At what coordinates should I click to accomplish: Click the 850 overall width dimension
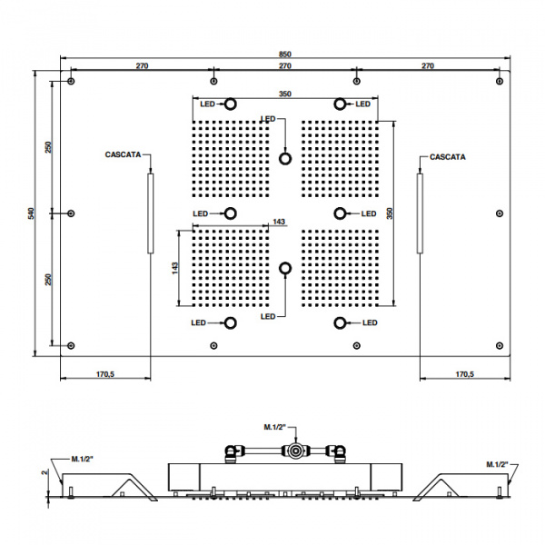[x=284, y=54]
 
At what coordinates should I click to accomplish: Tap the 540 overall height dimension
[x=31, y=213]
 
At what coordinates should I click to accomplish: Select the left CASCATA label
[x=123, y=154]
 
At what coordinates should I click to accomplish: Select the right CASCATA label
[x=448, y=157]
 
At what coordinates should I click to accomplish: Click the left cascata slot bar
[x=151, y=213]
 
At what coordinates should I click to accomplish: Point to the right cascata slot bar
[x=420, y=213]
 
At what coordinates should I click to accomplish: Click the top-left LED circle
[x=230, y=104]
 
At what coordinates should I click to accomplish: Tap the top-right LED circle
[x=340, y=104]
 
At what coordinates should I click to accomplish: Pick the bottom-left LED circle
[x=230, y=322]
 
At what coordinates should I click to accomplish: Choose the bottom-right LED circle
[x=340, y=322]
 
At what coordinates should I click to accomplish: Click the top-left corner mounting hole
[x=71, y=82]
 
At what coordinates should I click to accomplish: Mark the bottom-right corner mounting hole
[x=500, y=345]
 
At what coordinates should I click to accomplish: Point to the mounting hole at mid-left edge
[x=71, y=213]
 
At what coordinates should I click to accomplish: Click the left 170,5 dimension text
[x=105, y=374]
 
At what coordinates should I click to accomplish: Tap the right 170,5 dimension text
[x=465, y=374]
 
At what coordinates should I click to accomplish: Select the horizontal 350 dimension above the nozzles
[x=285, y=94]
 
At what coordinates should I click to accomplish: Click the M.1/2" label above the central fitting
[x=274, y=427]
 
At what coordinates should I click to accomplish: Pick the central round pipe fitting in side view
[x=295, y=451]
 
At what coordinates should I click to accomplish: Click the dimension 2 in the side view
[x=45, y=472]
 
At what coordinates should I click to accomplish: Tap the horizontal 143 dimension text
[x=279, y=222]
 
